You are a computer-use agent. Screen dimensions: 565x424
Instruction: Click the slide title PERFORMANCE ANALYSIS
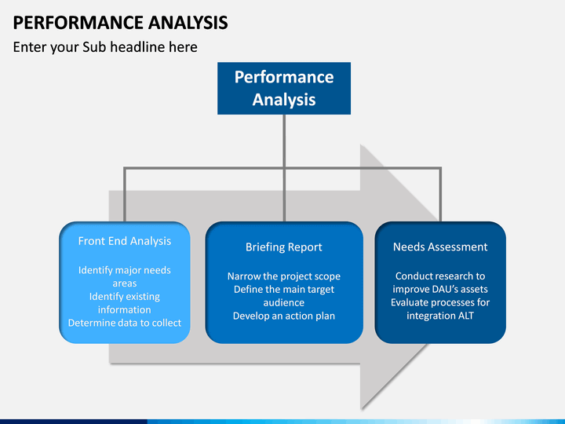(120, 23)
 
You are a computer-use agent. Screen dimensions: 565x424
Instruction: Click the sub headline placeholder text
(105, 47)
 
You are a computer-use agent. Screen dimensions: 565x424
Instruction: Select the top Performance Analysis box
(284, 88)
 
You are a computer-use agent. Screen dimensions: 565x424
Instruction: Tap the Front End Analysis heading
(125, 241)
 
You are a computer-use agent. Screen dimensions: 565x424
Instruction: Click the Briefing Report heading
(284, 247)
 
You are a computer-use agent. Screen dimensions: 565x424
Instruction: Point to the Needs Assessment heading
(440, 247)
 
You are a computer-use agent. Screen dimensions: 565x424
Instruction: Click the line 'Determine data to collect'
(125, 323)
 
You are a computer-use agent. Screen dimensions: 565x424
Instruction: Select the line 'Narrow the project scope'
(284, 276)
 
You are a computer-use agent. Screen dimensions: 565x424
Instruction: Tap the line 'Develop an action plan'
(284, 316)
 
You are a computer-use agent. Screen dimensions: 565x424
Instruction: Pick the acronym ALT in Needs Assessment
(466, 316)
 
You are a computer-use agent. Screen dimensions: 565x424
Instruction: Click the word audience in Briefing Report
(284, 303)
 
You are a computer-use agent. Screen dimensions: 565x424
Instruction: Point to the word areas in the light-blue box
(125, 283)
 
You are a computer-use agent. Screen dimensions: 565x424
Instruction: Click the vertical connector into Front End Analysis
(125, 195)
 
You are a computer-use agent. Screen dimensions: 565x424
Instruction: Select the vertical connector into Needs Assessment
(440, 195)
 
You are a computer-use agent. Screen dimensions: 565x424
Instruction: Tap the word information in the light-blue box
(125, 309)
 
